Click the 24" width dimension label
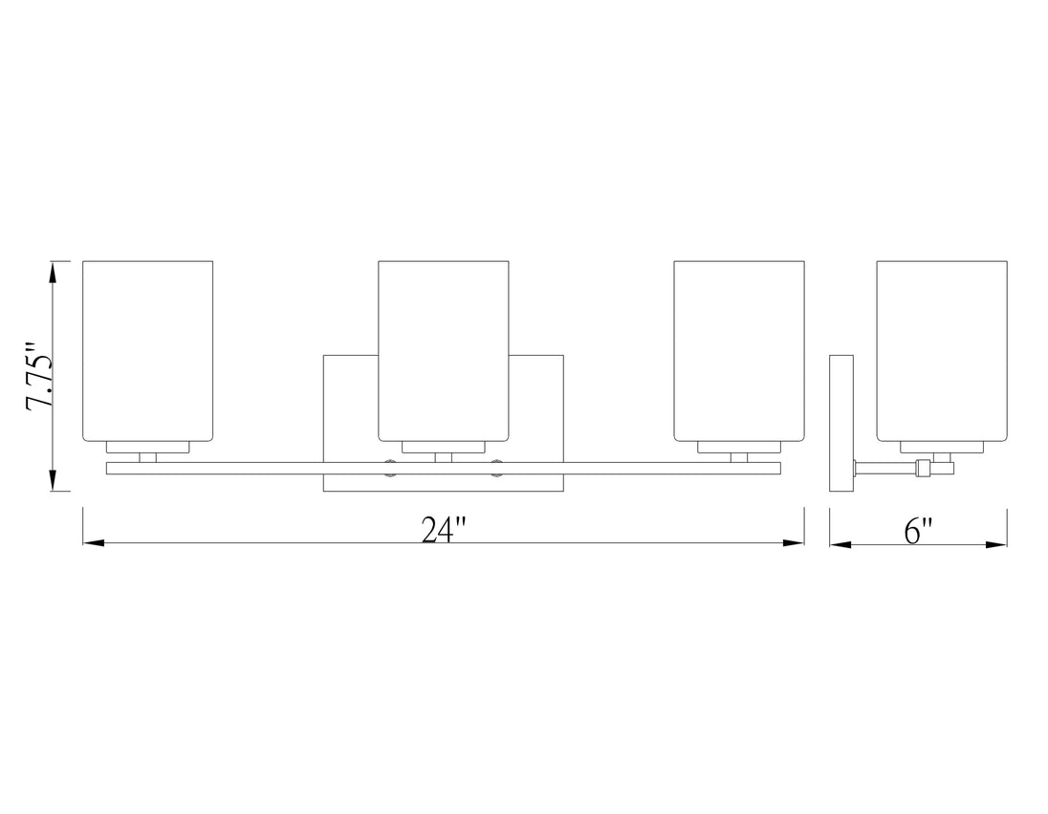pos(443,530)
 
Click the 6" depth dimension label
pos(918,530)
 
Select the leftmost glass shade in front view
pos(148,350)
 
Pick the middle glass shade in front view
pos(443,350)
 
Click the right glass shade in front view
pos(738,350)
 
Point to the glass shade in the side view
pos(942,350)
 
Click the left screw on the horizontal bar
pos(390,468)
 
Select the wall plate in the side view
pos(841,423)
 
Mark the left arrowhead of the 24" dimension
pos(94,543)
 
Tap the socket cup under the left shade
pos(148,447)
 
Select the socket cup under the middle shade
pos(443,447)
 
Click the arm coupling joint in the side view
pos(923,469)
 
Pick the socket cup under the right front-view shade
pos(738,447)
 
